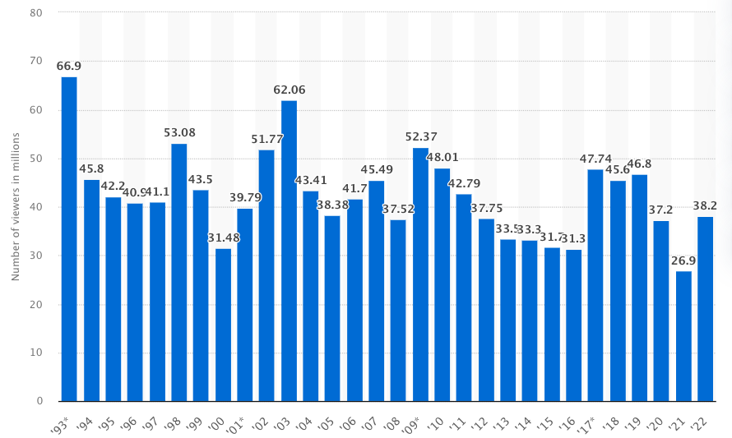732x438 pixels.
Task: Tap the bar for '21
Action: [683, 336]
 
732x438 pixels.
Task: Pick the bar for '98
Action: [178, 272]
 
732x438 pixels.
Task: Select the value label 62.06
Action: [289, 90]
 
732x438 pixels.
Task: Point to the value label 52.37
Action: [420, 137]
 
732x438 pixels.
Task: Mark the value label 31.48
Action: [223, 238]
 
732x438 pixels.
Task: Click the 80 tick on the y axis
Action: [37, 13]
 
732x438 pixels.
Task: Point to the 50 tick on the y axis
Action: [37, 159]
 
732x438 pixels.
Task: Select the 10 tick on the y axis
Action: [37, 353]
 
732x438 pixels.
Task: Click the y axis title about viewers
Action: [16, 205]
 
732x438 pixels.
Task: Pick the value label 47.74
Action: [595, 159]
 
